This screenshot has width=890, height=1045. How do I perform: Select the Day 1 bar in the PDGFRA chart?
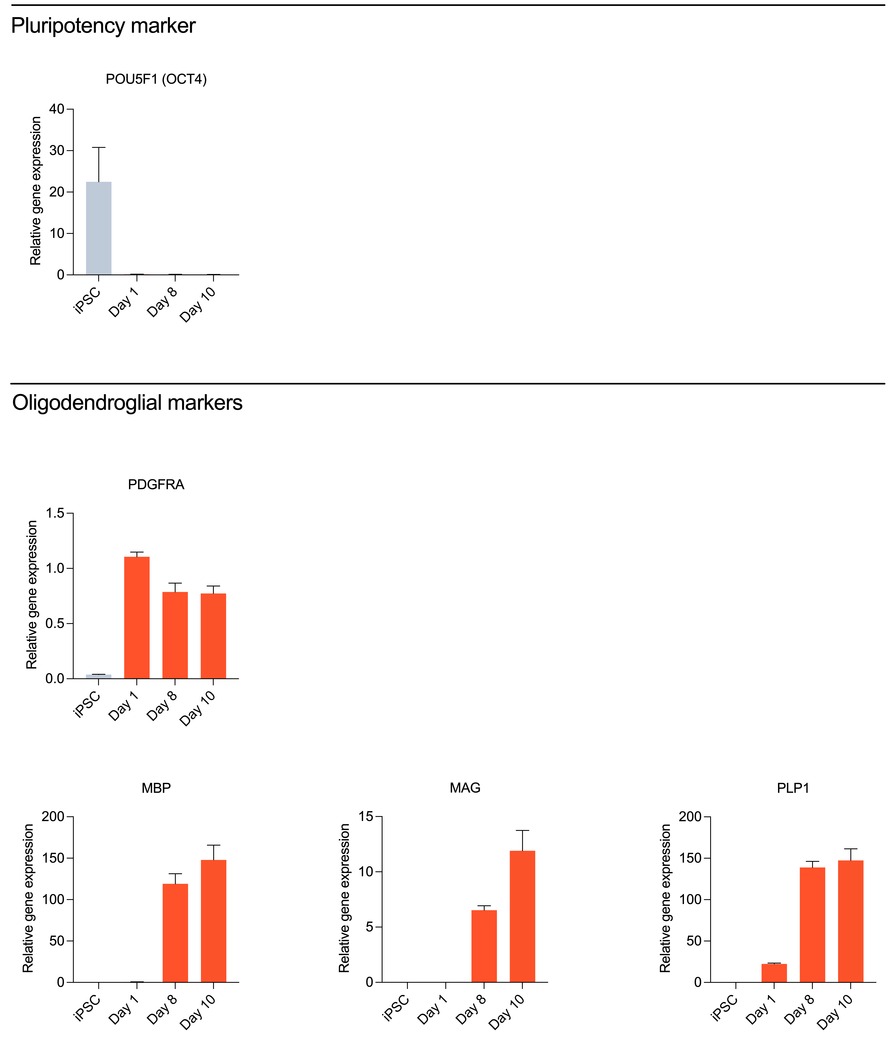137,618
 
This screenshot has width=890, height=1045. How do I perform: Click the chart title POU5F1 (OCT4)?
156,79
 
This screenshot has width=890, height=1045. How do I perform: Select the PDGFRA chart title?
156,484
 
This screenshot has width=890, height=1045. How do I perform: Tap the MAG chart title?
465,788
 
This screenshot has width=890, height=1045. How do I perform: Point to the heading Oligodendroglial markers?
127,403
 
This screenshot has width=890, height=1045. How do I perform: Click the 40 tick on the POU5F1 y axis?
57,109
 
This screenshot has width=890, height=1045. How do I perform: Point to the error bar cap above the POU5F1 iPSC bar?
98,148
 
